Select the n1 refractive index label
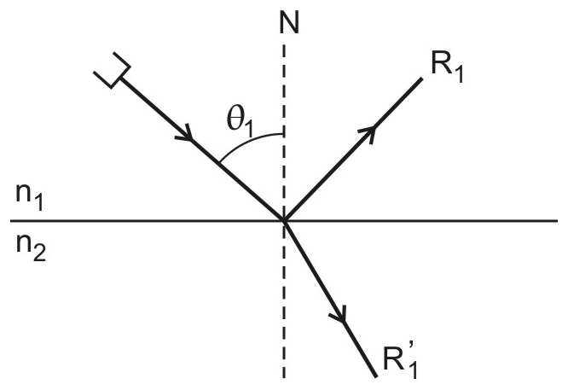29,196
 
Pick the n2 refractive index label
31,247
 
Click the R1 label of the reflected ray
447,68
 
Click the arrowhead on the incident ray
185,133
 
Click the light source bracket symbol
112,70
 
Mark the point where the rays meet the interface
284,220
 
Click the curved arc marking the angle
247,141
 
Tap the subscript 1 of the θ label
248,130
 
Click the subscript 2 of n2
39,253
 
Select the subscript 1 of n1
38,202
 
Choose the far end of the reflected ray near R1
421,79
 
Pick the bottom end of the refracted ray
375,376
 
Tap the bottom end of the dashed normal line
284,378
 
